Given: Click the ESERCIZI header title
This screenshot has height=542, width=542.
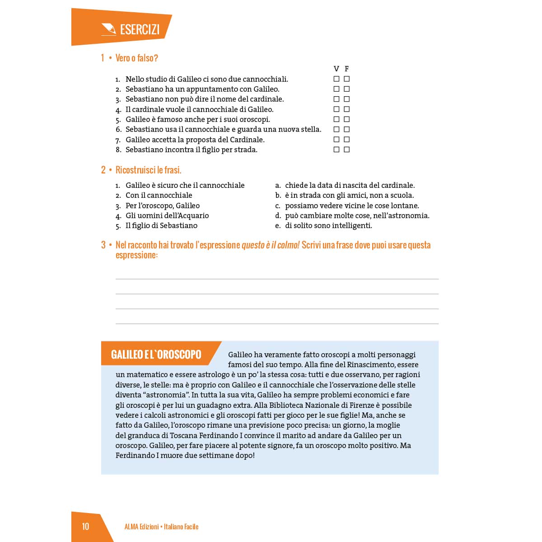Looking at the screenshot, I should pos(140,30).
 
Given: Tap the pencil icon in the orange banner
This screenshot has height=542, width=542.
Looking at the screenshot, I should pos(109,29).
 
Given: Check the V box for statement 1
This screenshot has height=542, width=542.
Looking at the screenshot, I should pos(336,79).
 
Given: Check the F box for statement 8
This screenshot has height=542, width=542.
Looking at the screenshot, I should pos(346,150).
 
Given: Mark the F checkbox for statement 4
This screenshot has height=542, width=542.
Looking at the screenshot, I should pos(346,109).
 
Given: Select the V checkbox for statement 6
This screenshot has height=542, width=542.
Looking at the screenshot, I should pos(336,130).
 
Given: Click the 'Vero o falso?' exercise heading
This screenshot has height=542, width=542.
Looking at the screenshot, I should pos(136,58).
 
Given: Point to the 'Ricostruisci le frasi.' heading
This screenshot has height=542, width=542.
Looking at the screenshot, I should pos(148,170).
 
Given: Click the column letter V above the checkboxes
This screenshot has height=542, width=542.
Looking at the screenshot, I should pos(336,69).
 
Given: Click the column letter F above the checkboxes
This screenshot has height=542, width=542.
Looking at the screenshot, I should pos(346,69).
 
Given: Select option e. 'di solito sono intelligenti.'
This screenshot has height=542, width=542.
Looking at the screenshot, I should pos(328,225).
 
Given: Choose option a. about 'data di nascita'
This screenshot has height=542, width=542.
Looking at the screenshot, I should pos(350,185).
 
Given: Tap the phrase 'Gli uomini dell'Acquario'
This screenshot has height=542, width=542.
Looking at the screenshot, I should pos(167,215).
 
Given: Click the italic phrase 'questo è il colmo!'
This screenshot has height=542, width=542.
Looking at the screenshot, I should pos(271,245).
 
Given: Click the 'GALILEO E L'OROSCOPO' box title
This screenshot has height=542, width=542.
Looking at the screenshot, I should pos(156,355).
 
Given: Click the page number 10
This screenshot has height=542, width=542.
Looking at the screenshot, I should pos(85,527).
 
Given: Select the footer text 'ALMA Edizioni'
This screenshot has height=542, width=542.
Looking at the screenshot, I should pos(141,527).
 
